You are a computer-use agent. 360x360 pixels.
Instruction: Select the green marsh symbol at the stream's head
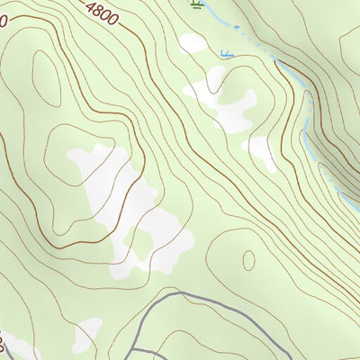point(196,4)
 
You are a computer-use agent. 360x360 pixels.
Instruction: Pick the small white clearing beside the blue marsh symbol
point(191,42)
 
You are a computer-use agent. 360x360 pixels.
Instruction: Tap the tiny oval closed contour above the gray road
point(248,259)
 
